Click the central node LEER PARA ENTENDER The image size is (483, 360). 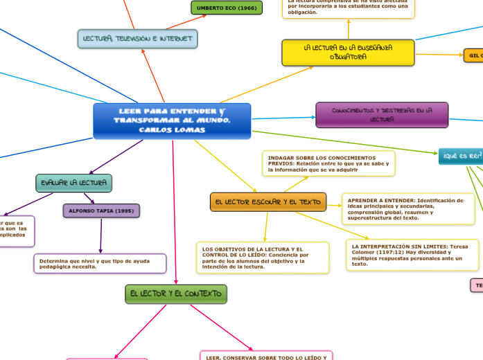tap(172, 120)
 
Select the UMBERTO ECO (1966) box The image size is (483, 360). tap(226, 8)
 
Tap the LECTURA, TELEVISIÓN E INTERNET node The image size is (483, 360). tap(138, 39)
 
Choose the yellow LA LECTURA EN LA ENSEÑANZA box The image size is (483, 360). tap(348, 52)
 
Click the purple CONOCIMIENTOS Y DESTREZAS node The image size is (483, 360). tap(382, 114)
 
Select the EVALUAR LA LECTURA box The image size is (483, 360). tap(73, 183)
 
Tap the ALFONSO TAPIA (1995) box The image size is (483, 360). tap(101, 210)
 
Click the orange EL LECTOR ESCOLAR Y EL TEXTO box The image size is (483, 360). tap(268, 202)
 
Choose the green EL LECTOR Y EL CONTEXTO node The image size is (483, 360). tap(175, 294)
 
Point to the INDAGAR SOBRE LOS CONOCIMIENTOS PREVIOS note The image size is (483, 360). tap(328, 163)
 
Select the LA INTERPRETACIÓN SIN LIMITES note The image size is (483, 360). tap(412, 255)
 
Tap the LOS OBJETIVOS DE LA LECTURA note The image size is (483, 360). tap(263, 258)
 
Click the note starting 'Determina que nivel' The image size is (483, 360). tap(100, 264)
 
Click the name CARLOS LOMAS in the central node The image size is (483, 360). tap(172, 130)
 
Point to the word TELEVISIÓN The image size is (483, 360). tap(136, 39)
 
